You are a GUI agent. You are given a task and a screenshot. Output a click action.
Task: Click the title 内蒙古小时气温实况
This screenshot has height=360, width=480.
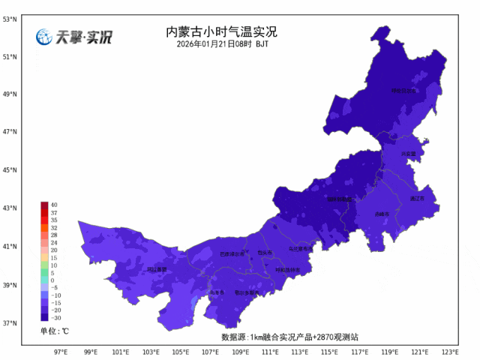tap(221, 32)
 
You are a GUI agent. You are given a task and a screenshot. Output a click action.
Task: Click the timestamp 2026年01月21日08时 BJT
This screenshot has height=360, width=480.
tap(222, 44)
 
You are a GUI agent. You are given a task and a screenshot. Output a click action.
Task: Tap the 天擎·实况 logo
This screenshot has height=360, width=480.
tap(73, 37)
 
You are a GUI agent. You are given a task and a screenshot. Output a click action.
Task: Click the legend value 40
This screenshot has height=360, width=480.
tap(54, 205)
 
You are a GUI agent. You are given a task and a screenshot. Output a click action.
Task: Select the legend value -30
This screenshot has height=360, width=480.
tap(55, 317)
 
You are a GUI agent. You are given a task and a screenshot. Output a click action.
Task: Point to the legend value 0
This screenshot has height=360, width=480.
tap(52, 280)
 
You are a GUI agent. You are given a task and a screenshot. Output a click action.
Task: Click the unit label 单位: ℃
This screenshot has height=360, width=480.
tap(55, 331)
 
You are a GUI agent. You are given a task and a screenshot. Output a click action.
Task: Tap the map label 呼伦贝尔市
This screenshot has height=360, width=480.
tap(404, 91)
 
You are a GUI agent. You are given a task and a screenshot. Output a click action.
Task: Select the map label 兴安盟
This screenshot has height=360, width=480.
tap(408, 153)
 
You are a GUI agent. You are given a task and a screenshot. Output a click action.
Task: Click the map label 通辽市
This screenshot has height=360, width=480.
tap(417, 199)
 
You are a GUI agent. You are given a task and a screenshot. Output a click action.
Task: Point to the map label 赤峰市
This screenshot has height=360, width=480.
tap(382, 214)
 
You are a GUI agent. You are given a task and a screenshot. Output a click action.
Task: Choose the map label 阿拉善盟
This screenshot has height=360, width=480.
tap(157, 269)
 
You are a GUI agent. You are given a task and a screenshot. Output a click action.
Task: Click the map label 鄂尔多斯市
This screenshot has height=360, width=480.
tap(246, 292)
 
